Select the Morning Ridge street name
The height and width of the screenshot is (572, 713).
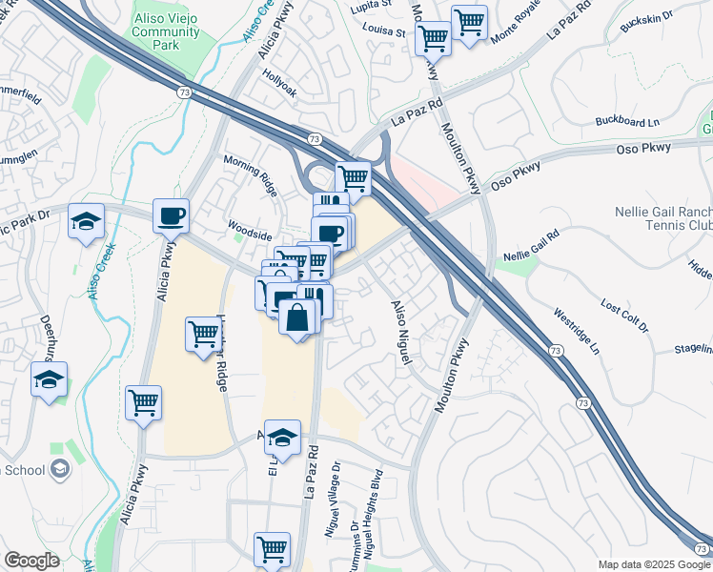click(x=255, y=170)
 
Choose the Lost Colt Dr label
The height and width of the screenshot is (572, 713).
click(x=624, y=316)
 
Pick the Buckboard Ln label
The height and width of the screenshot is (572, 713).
click(x=626, y=122)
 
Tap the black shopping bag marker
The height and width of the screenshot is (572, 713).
click(x=297, y=317)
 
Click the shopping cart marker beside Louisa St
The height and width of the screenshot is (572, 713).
click(x=433, y=38)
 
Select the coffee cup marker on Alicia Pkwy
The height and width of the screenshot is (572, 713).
click(x=172, y=216)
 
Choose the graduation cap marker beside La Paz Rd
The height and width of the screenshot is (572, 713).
click(x=282, y=437)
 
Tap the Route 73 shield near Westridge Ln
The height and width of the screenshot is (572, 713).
click(x=555, y=352)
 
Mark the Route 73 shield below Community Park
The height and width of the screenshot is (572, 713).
click(x=182, y=92)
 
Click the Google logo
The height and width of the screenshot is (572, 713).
click(x=31, y=561)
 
